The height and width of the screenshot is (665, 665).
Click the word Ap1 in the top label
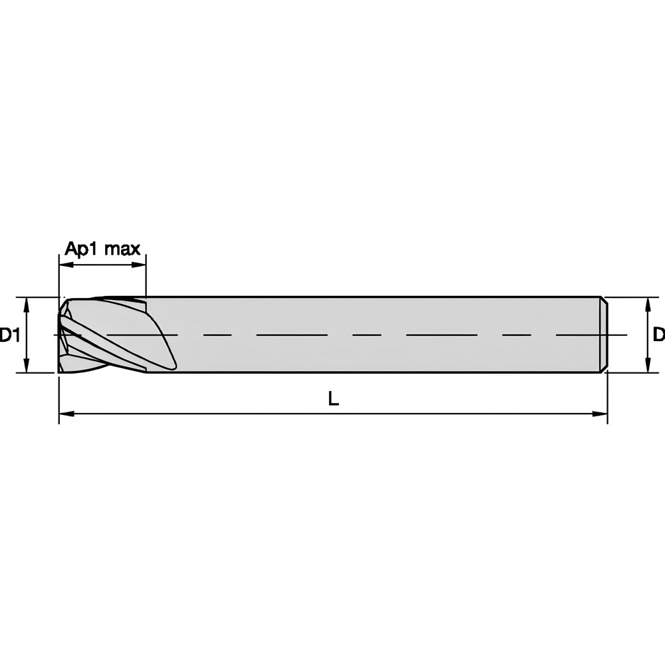[x=80, y=249]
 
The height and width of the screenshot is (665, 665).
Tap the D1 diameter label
[x=9, y=335]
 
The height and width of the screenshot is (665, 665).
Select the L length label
[x=334, y=398]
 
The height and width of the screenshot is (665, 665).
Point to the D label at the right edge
[x=658, y=334]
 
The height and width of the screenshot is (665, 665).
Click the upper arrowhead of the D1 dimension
[x=27, y=304]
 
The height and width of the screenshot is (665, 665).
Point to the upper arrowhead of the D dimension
[x=648, y=304]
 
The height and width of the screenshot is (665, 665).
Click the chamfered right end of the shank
[x=604, y=334]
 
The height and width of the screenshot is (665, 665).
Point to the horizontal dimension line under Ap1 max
[x=102, y=265]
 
